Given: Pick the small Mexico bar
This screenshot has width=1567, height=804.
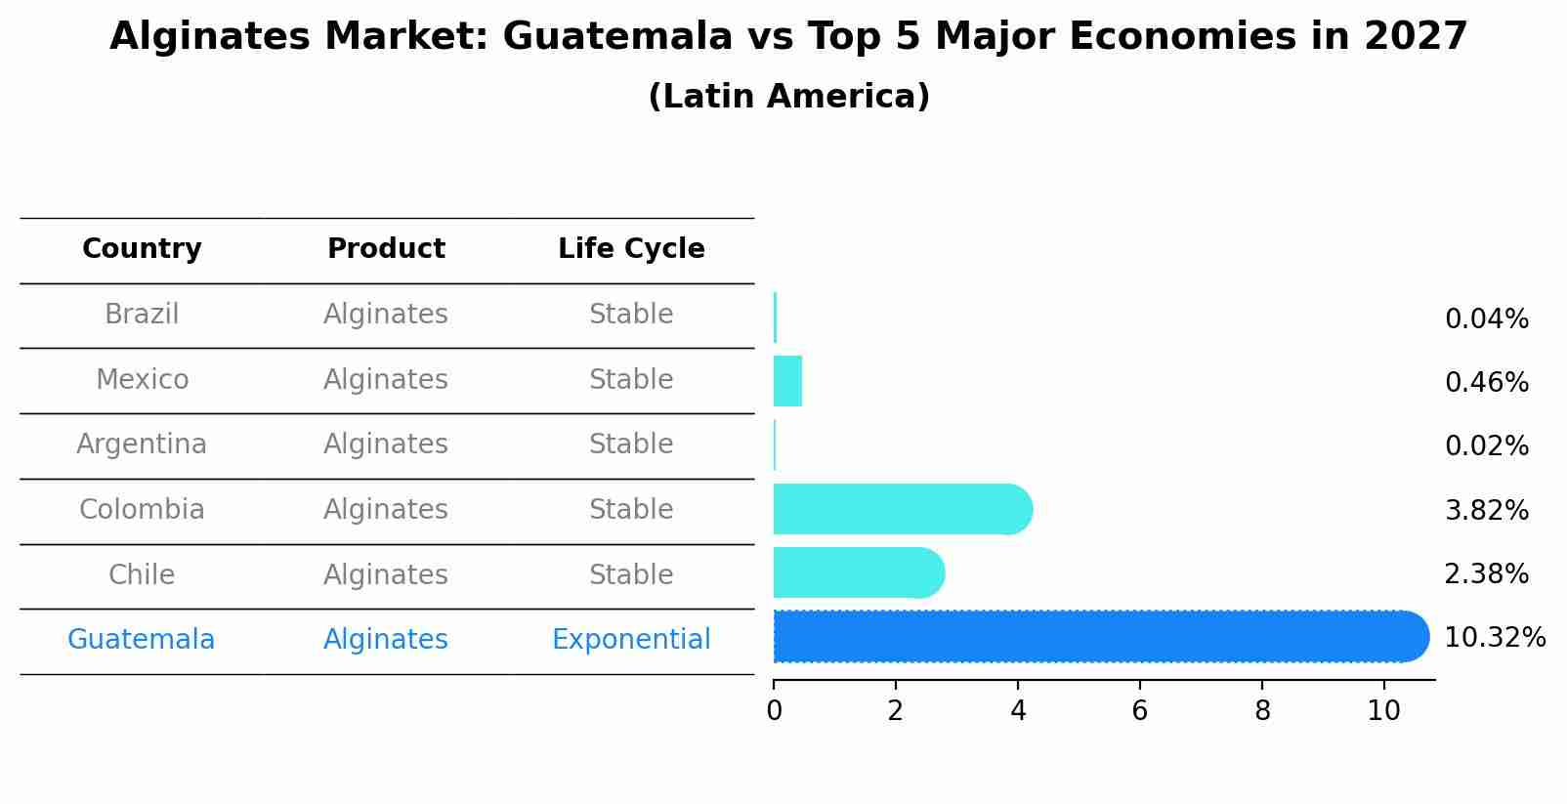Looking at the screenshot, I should (787, 381).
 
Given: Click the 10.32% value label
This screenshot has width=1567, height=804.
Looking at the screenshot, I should (1494, 638).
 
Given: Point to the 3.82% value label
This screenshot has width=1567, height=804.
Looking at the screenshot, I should (1486, 510).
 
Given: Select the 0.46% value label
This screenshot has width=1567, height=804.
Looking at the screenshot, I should (1486, 382).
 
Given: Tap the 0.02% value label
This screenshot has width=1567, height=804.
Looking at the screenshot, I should (1486, 446).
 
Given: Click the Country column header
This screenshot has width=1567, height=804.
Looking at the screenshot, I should (142, 249).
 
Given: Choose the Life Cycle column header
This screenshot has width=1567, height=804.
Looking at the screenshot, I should (631, 249).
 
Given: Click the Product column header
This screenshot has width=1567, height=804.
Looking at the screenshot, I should (386, 249).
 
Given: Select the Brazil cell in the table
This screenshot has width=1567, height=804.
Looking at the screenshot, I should (142, 315).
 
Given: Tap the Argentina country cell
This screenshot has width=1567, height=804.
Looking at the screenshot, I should (142, 444).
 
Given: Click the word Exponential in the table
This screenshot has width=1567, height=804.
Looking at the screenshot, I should (631, 640).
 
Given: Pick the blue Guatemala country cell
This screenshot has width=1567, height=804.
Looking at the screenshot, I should (142, 640).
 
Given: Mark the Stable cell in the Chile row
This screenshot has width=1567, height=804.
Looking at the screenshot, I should (631, 574).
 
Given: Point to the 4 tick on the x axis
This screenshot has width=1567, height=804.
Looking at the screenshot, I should (1018, 711).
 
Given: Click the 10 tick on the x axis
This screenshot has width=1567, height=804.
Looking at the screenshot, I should (1384, 711).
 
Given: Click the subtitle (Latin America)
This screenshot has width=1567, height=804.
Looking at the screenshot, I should (788, 97).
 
